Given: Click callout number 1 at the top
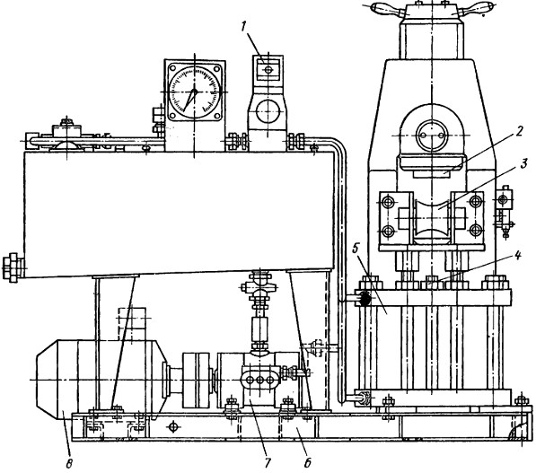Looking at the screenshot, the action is tap(243, 27).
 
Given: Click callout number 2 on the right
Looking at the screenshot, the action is tap(519, 131).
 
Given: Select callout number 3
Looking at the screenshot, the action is tap(523, 165).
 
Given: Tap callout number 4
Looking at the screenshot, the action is tap(518, 255).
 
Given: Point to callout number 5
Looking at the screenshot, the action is tap(356, 250).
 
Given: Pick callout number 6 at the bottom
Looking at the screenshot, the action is tap(308, 463).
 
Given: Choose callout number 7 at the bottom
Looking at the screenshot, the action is tap(267, 463).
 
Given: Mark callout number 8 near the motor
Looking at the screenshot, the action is tap(69, 464).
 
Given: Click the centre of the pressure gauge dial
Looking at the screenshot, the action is tap(195, 92).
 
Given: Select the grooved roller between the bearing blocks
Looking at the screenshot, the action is tap(432, 218).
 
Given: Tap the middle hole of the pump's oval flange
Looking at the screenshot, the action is tap(259, 380).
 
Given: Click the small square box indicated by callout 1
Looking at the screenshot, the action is tap(268, 69).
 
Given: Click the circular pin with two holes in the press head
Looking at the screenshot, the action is tap(432, 136).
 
